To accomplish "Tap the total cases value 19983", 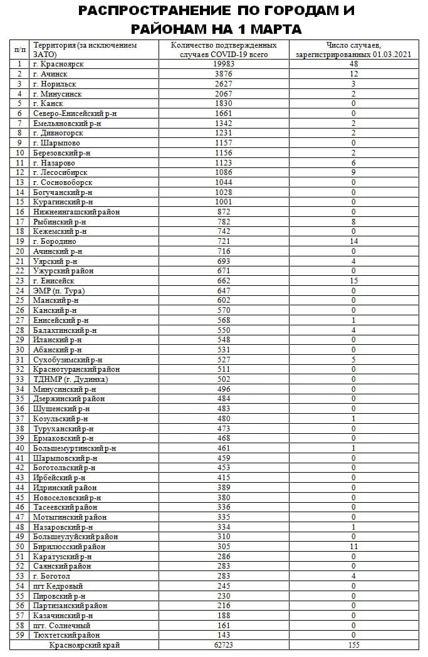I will [224, 64].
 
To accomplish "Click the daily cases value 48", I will [353, 64].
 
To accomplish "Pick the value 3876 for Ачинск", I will [224, 74].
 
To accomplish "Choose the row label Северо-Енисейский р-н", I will [75, 113].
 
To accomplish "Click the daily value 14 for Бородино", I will [353, 241].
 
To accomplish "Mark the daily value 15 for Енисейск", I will [353, 281].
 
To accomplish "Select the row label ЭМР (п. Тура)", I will [59, 291].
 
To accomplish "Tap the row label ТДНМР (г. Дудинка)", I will [70, 379].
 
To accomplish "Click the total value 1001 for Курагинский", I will [224, 202].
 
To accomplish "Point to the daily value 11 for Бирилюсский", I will [353, 547].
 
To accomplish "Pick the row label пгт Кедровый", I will [58, 586].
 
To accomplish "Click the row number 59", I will [19, 635].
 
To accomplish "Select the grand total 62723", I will [224, 645].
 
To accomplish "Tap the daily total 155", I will [353, 645].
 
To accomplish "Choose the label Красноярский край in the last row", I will [85, 645].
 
